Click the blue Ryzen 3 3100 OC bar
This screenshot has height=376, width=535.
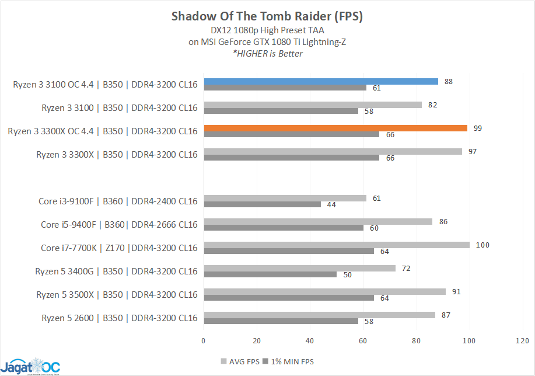[320, 81]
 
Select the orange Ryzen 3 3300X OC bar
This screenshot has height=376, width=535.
[335, 128]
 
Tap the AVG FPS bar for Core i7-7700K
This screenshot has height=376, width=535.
[336, 245]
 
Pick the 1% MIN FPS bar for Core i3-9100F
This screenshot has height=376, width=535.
[262, 204]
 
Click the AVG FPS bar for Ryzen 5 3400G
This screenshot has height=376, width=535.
[299, 268]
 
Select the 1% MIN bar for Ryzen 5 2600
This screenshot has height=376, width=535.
[281, 321]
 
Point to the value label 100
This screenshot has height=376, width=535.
[482, 245]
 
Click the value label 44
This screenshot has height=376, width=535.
[331, 204]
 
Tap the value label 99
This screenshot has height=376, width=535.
[477, 128]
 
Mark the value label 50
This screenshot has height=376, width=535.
[347, 274]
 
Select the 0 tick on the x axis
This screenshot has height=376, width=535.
[204, 340]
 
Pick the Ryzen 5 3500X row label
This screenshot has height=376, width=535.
[117, 295]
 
